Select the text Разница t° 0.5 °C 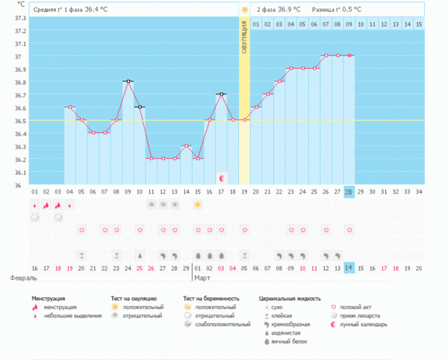click(x=336, y=9)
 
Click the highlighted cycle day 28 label click(x=349, y=192)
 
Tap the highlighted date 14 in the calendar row click(x=349, y=267)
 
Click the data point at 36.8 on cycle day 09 click(x=128, y=81)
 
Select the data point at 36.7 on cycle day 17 click(x=221, y=94)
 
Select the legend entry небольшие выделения click(x=69, y=316)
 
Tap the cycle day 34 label click(x=419, y=192)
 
